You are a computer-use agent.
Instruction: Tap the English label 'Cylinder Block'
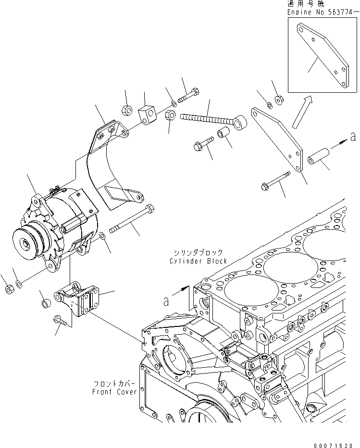click(198, 261)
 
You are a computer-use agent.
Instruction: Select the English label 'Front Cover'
click(115, 392)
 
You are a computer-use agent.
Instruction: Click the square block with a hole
click(147, 114)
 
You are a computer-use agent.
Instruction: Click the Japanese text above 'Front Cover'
click(115, 384)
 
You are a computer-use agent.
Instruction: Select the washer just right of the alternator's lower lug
click(102, 236)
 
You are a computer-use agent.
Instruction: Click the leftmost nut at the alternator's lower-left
click(8, 289)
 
